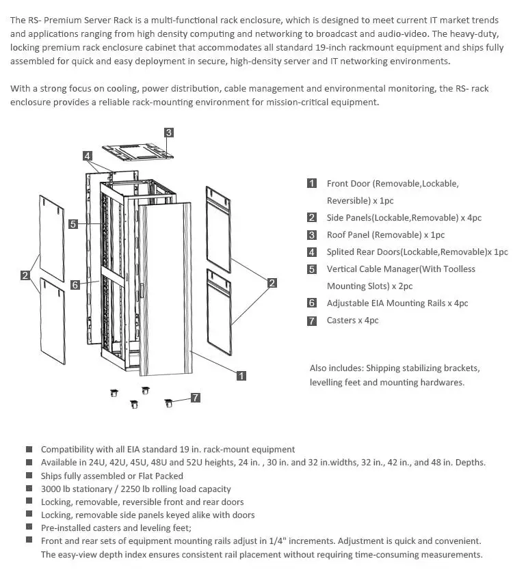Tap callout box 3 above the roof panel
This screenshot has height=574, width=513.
(x=168, y=132)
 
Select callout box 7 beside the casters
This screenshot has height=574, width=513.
(x=196, y=397)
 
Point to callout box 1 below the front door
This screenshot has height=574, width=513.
(x=241, y=375)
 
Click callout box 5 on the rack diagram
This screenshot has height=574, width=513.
(x=73, y=223)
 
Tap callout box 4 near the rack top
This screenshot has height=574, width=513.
(x=88, y=156)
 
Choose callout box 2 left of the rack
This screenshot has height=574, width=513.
(x=25, y=275)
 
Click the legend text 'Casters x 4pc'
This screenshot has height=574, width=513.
(x=352, y=320)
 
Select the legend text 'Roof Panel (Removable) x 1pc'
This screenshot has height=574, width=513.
(x=386, y=234)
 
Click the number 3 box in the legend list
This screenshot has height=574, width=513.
(x=312, y=235)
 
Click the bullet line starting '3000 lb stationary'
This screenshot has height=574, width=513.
(x=135, y=489)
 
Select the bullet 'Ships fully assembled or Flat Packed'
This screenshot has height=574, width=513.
(x=112, y=476)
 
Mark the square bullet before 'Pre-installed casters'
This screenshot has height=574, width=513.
(x=29, y=528)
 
